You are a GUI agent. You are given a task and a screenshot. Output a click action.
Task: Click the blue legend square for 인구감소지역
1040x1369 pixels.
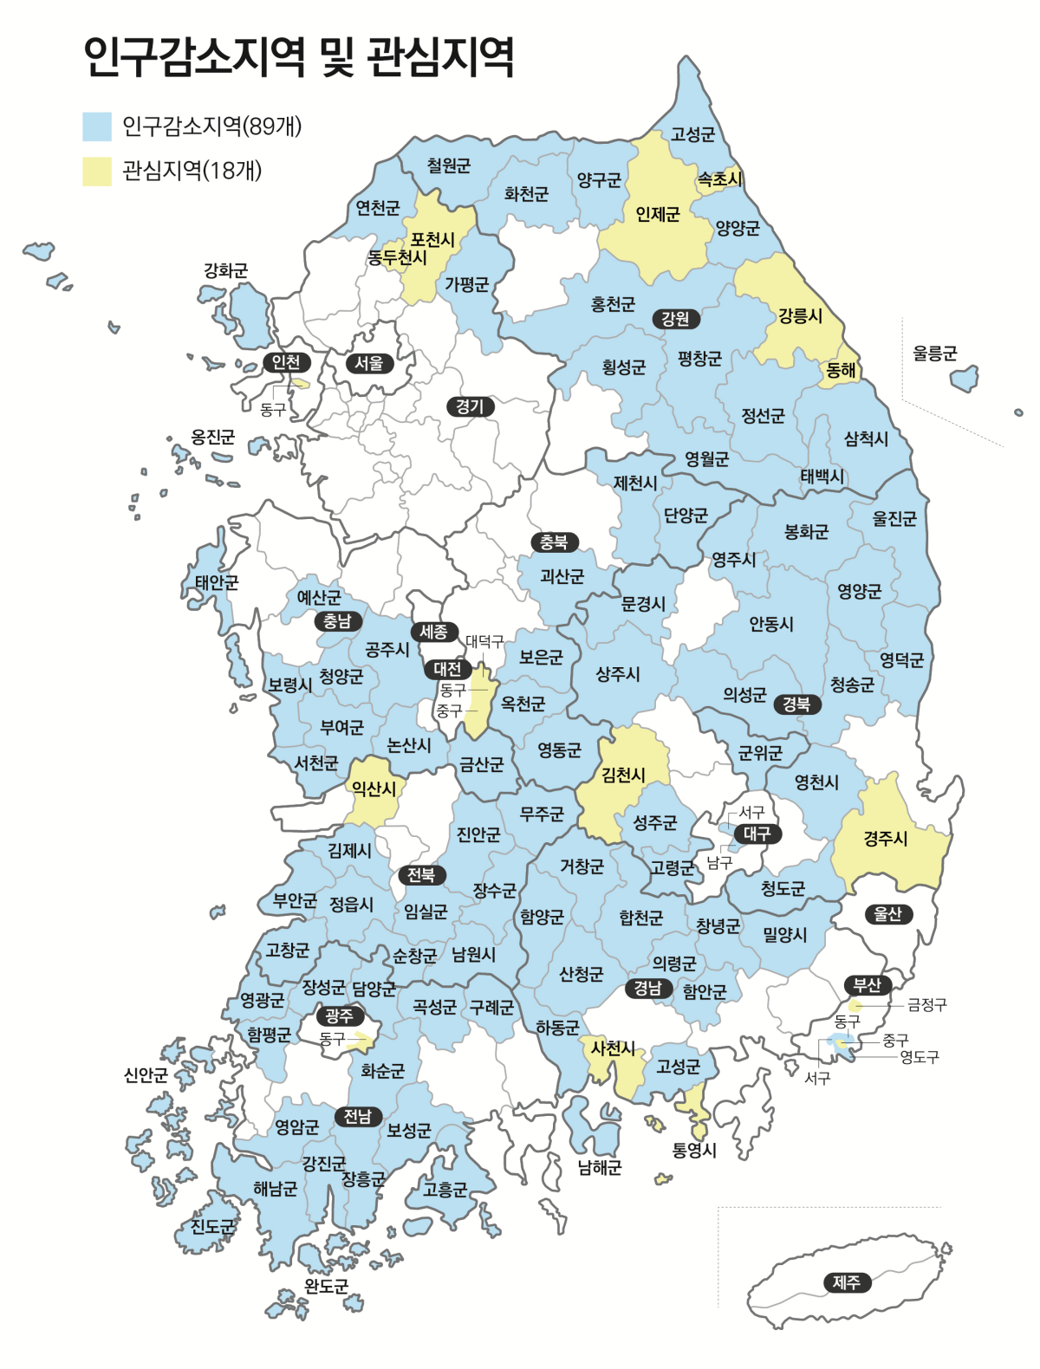[97, 127]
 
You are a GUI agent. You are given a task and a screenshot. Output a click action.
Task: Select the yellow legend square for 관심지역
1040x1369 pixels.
[97, 171]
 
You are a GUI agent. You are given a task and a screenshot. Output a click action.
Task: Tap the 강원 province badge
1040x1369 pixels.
[675, 319]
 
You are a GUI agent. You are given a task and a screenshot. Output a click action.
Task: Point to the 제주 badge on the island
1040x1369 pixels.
[847, 1282]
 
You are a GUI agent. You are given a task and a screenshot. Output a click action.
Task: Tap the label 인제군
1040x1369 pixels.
[657, 214]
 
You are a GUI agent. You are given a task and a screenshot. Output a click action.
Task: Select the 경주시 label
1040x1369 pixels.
[885, 838]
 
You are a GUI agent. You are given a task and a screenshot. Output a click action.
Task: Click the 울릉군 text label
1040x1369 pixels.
[934, 354]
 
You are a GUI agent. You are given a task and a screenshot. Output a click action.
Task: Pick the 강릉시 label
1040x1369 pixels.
[800, 315]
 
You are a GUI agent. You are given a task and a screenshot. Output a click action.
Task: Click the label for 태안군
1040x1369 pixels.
[217, 582]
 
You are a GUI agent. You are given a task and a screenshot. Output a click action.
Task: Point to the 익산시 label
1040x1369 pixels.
[374, 788]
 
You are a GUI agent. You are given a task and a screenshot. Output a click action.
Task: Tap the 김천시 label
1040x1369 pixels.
[623, 775]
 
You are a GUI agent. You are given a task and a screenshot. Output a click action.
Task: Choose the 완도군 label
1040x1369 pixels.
[326, 1286]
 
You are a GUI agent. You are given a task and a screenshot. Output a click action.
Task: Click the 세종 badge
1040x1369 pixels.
[433, 632]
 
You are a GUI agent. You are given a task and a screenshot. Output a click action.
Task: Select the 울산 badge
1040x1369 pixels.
[887, 914]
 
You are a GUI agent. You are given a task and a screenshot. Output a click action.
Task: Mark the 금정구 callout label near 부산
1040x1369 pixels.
[926, 1005]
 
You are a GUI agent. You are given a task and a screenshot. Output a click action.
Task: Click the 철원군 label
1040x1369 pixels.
[449, 165]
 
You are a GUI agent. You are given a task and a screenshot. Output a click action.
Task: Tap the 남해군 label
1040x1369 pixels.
[600, 1167]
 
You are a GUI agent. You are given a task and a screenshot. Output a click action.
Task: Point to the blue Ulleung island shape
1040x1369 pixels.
[965, 379]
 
